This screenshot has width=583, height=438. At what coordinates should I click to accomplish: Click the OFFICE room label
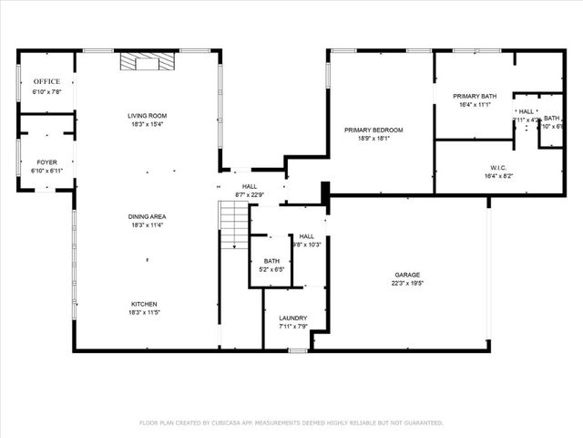pyautogui.click(x=46, y=81)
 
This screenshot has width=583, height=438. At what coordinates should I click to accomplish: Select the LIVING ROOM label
pyautogui.click(x=147, y=116)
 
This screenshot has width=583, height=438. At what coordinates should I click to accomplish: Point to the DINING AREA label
pyautogui.click(x=147, y=216)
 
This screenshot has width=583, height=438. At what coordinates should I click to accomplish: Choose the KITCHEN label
pyautogui.click(x=147, y=303)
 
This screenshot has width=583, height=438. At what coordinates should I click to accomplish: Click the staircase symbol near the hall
pyautogui.click(x=235, y=225)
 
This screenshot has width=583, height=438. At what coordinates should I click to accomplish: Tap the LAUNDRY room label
pyautogui.click(x=293, y=318)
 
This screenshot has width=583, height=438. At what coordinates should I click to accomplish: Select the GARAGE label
pyautogui.click(x=407, y=275)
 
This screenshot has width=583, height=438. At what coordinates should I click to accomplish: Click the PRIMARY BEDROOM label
pyautogui.click(x=373, y=130)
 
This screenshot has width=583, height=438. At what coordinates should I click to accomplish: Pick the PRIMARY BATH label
pyautogui.click(x=475, y=96)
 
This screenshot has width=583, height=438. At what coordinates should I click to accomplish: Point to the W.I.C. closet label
pyautogui.click(x=475, y=167)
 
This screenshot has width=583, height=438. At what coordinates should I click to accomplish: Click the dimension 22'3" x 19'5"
pyautogui.click(x=407, y=283)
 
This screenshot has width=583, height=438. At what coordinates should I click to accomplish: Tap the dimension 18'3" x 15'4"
pyautogui.click(x=147, y=124)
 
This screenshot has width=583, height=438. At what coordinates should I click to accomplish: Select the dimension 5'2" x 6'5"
pyautogui.click(x=271, y=269)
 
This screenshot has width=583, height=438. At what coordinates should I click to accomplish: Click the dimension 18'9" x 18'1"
pyautogui.click(x=373, y=138)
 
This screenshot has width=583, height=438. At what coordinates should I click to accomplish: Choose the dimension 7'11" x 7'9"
pyautogui.click(x=293, y=326)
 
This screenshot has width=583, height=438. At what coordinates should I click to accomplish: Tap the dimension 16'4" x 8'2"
pyautogui.click(x=475, y=175)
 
